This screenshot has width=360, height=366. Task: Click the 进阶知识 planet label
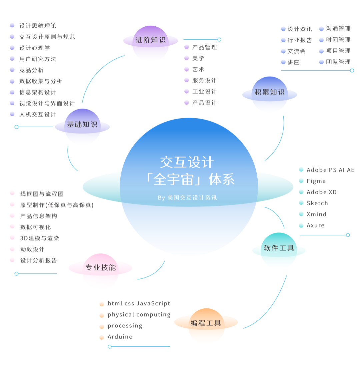click(x=150, y=40)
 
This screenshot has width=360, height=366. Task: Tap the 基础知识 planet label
click(x=82, y=125)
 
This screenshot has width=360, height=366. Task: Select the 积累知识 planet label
click(x=269, y=92)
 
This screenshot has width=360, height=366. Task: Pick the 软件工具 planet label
click(x=279, y=248)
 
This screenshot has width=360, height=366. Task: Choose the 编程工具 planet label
click(x=206, y=323)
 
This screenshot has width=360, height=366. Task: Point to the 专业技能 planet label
click(x=101, y=267)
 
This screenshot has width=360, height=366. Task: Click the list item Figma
click(x=316, y=181)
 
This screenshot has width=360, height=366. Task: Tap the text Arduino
click(x=120, y=337)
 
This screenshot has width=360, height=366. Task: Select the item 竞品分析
click(x=31, y=70)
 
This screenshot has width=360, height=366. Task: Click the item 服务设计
click(x=204, y=81)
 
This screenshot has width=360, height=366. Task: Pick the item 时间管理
click(x=338, y=40)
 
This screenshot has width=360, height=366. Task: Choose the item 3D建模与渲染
click(x=39, y=238)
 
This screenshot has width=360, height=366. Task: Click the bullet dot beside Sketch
click(x=301, y=203)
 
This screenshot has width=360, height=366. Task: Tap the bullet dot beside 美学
click(x=187, y=58)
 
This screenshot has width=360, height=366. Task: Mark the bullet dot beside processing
click(x=102, y=326)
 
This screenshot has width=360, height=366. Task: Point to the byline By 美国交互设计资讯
click(x=187, y=198)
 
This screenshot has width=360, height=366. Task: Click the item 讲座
click(x=293, y=62)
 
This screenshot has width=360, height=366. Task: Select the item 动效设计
click(x=32, y=249)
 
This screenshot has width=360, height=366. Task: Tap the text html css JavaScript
click(x=139, y=304)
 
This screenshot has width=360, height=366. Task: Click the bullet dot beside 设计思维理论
click(x=12, y=25)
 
